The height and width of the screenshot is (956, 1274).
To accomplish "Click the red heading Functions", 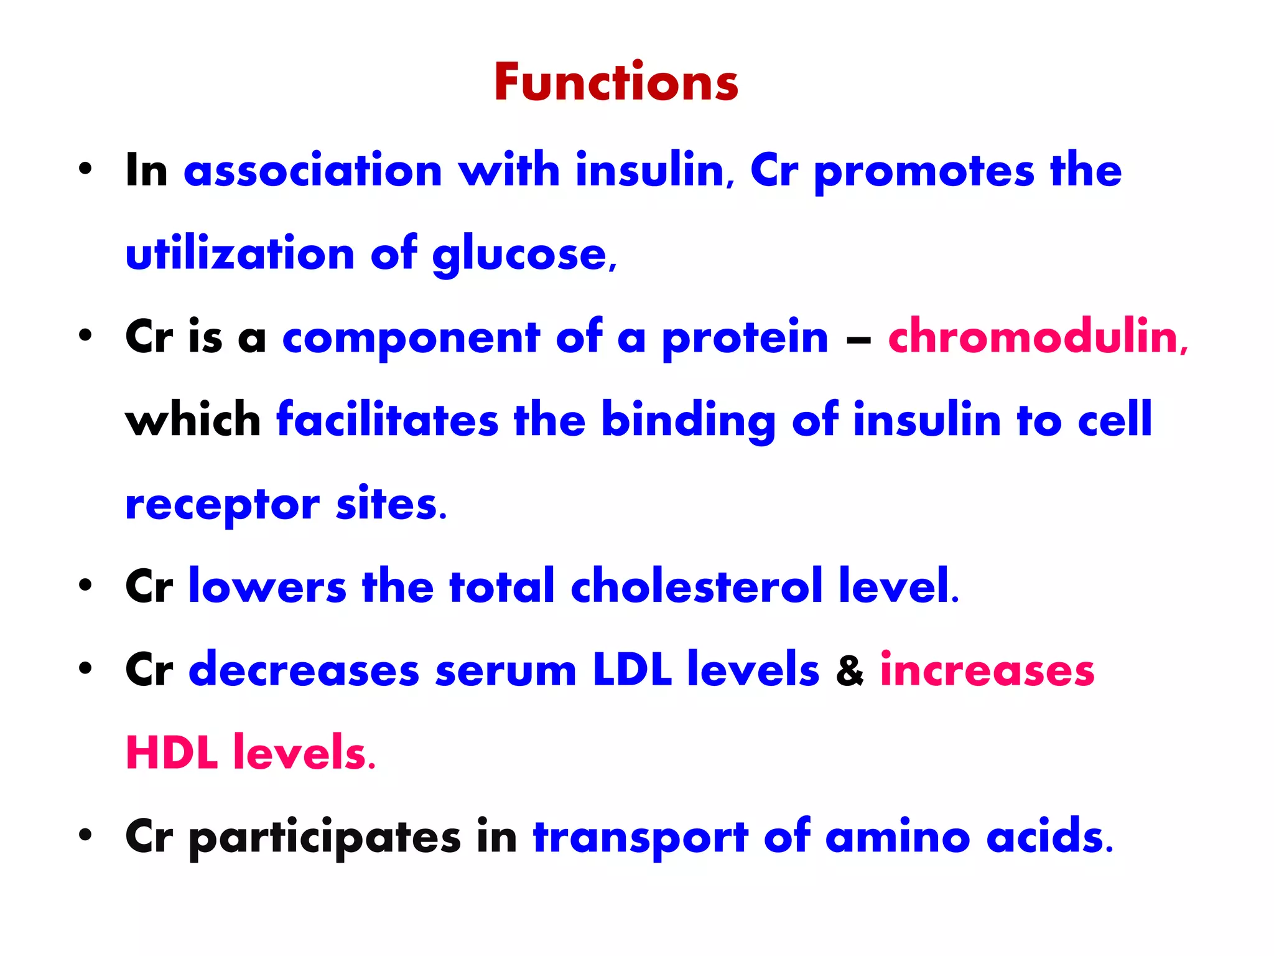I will coord(616,82).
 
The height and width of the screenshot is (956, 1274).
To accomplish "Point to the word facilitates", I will coord(387,419).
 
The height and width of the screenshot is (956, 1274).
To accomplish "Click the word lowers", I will coord(267,587).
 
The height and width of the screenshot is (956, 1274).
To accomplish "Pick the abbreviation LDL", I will coord(632,670).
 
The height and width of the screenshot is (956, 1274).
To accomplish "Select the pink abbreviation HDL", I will coord(172,753).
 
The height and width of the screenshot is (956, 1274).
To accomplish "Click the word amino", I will coord(897,837).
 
